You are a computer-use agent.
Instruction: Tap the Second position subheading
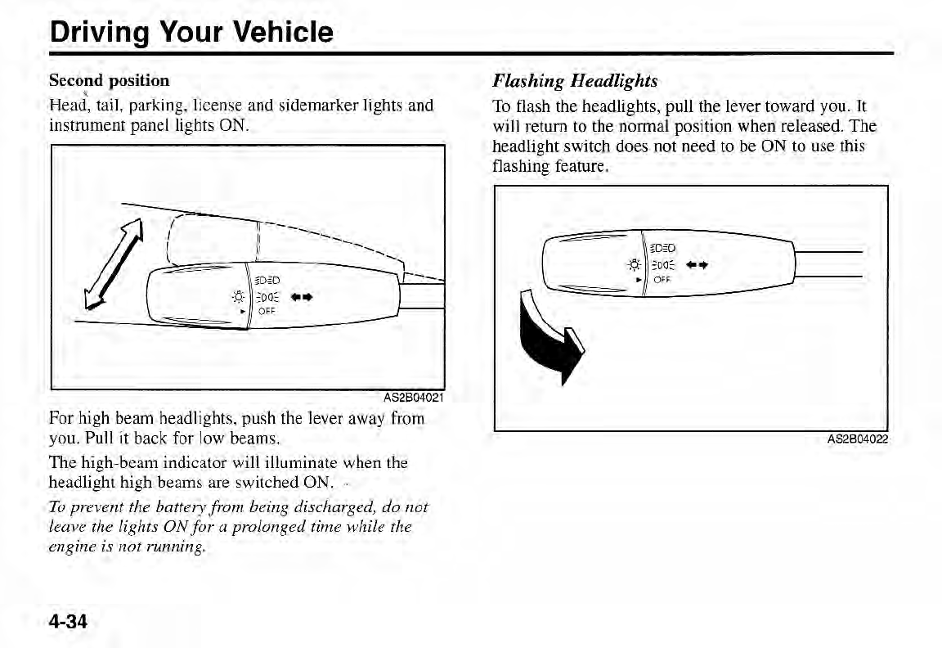109,80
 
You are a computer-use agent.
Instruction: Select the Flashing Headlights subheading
574,80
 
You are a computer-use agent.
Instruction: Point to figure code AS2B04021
414,398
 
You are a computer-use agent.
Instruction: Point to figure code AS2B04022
857,439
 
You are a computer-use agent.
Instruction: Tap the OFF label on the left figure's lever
267,311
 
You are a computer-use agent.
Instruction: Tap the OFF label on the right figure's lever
662,278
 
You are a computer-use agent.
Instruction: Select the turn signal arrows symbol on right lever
696,265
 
